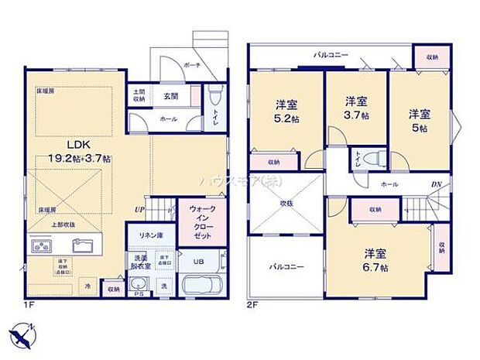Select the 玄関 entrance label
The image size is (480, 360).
pos(171,97)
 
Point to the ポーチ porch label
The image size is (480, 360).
pos(192,66)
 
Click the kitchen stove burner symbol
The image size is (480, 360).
pos(41,246)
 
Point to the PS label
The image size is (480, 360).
pos(139,294)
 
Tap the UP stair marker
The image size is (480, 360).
pos(139,210)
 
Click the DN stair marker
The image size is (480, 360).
pos(436,184)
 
